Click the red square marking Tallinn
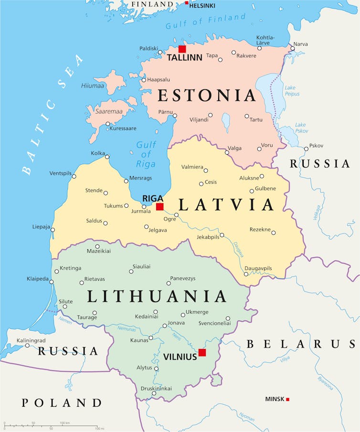click(x=182, y=49)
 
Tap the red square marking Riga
click(x=159, y=207)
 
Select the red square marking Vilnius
click(x=202, y=352)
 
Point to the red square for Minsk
click(x=287, y=399)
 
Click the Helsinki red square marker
click(x=186, y=3)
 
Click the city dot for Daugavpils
click(x=246, y=274)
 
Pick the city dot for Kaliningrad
click(x=27, y=345)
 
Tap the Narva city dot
click(x=293, y=49)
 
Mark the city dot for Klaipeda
click(x=52, y=282)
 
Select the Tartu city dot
click(x=246, y=116)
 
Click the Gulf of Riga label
click(x=146, y=154)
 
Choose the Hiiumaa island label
click(x=93, y=86)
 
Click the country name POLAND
click(x=62, y=403)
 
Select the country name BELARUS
click(x=301, y=344)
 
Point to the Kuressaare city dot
click(x=107, y=124)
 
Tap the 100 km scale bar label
click(x=65, y=423)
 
